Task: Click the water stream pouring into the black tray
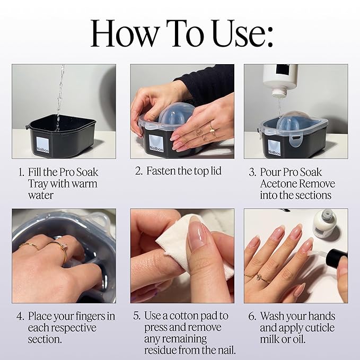tap(59, 98)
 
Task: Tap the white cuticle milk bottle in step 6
tap(324, 223)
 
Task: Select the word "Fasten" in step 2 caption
tap(162, 171)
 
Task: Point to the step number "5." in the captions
tap(137, 317)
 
